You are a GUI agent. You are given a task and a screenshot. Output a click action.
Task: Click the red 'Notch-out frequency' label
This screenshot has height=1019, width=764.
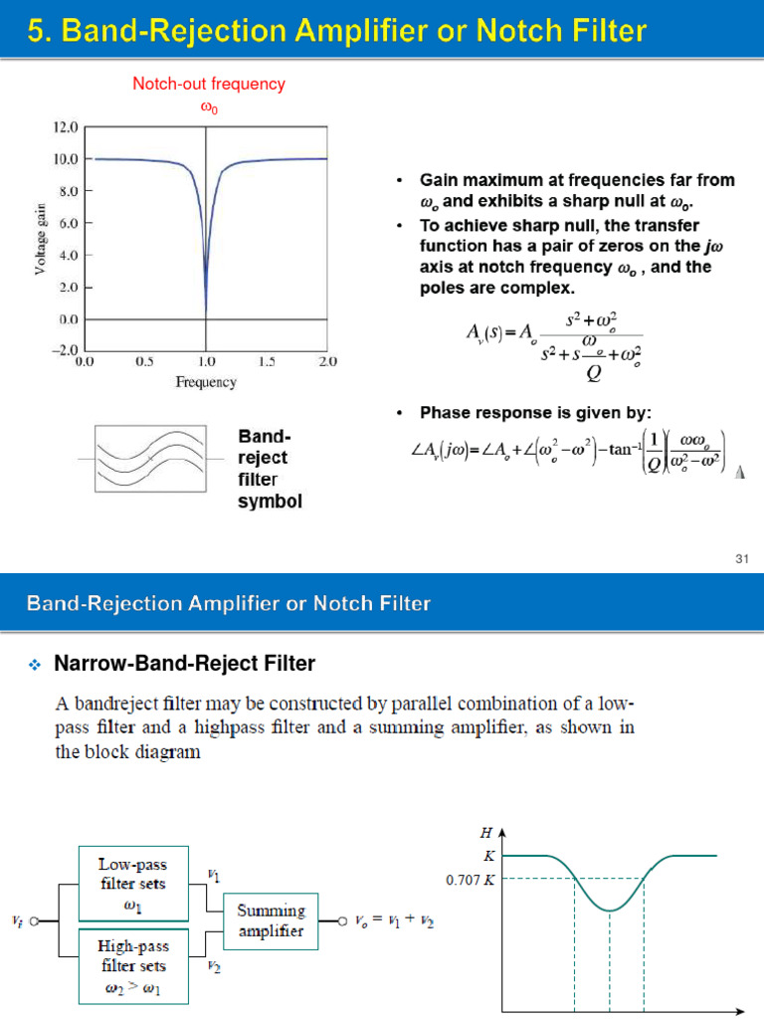point(209,84)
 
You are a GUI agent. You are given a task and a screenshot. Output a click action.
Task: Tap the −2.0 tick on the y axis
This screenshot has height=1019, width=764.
point(64,350)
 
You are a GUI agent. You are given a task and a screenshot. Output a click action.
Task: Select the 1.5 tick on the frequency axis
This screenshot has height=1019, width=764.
point(268,362)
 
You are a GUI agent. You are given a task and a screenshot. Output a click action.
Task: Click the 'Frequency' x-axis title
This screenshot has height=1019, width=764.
point(206,382)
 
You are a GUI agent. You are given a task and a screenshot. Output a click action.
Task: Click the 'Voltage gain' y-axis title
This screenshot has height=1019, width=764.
point(41,238)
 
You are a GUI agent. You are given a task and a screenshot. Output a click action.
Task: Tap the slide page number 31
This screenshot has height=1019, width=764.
point(740,559)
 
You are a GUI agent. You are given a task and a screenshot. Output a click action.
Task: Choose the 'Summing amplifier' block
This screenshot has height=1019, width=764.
point(271,920)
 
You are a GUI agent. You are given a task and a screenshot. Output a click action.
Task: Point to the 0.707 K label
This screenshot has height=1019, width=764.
point(470,880)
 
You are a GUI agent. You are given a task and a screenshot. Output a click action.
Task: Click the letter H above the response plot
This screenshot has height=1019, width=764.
point(486,832)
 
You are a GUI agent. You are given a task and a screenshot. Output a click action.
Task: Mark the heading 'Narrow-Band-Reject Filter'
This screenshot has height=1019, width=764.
point(184,663)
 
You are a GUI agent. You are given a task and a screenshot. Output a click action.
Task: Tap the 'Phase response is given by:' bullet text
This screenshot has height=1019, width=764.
point(536,412)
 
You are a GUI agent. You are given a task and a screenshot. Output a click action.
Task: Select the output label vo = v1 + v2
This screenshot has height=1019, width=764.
point(391,921)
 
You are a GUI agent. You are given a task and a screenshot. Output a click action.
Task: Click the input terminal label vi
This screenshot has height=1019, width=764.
point(18,921)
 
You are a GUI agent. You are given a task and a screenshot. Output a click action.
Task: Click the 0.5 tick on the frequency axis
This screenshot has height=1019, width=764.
point(145,362)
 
